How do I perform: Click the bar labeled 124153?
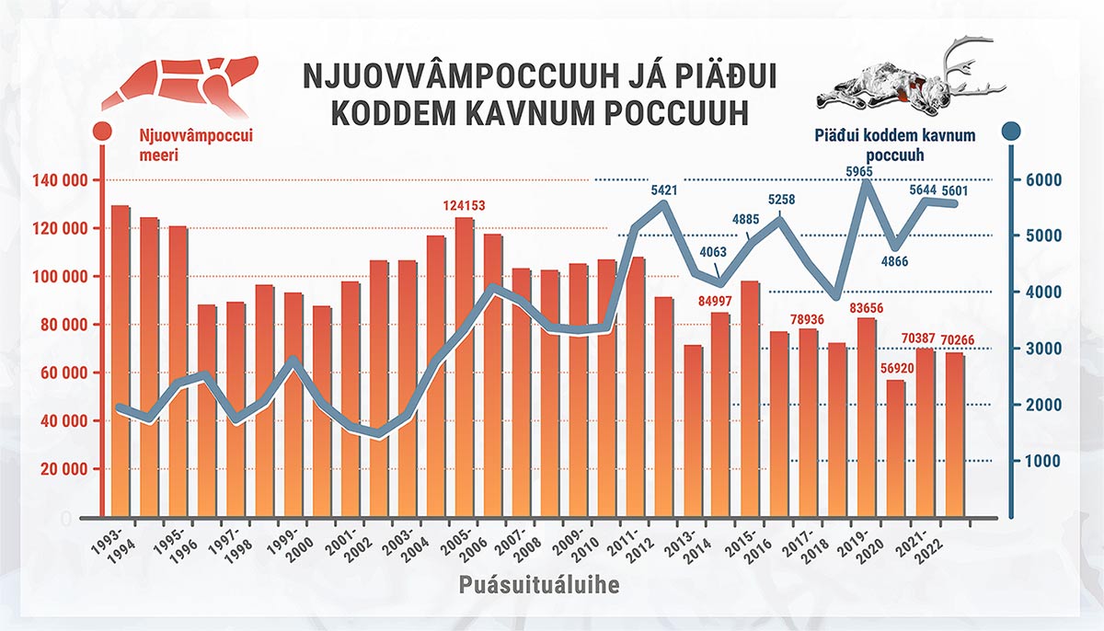point(465,368)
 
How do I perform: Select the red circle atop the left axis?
point(103,132)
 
